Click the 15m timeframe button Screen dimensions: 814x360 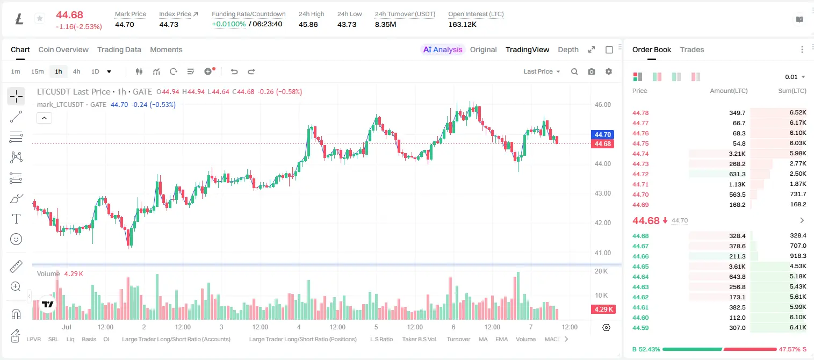click(x=37, y=71)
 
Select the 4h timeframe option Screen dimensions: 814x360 click(x=76, y=71)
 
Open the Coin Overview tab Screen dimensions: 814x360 click(x=63, y=49)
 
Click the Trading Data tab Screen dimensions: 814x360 click(x=119, y=49)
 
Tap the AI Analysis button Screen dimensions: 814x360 click(x=443, y=49)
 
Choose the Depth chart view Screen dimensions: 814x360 click(x=568, y=49)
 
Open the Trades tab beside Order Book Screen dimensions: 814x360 click(x=692, y=49)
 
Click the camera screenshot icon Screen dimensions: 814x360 click(x=592, y=71)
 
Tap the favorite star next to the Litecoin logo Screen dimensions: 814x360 click(x=40, y=18)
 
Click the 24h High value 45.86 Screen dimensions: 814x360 click(x=308, y=24)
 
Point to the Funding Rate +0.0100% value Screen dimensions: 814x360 click(x=229, y=24)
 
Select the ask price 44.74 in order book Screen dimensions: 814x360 click(x=640, y=154)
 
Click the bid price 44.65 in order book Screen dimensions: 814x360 click(x=640, y=267)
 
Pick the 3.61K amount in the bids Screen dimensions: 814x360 click(x=737, y=267)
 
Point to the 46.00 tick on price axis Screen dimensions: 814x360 click(x=602, y=105)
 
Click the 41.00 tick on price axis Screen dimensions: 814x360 click(x=602, y=253)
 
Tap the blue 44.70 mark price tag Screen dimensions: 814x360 click(x=602, y=134)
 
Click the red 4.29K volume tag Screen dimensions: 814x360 click(x=603, y=309)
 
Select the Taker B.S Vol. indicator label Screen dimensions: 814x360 click(x=419, y=339)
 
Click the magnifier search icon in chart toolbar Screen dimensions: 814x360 click(x=574, y=71)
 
